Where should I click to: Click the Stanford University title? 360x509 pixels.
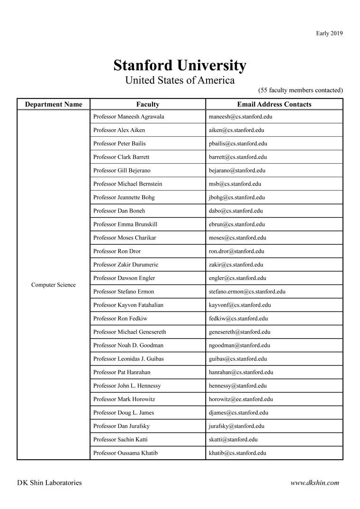click(x=180, y=65)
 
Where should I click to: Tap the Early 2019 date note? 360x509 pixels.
click(x=329, y=33)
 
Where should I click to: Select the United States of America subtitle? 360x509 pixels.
click(x=180, y=80)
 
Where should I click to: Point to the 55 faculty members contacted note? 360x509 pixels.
click(x=300, y=90)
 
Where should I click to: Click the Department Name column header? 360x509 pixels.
click(x=54, y=104)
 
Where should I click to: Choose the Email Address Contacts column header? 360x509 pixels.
click(x=274, y=104)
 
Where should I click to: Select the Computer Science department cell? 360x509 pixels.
click(x=54, y=285)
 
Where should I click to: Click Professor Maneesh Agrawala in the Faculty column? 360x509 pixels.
click(x=129, y=116)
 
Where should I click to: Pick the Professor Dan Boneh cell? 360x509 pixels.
click(x=119, y=211)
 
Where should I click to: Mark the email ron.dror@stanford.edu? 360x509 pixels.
click(x=236, y=251)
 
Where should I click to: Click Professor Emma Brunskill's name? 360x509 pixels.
click(x=126, y=224)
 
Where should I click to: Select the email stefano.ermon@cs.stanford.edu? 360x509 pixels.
click(x=247, y=292)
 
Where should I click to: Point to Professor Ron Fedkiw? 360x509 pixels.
click(x=120, y=319)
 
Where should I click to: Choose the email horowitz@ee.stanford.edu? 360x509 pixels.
click(x=241, y=399)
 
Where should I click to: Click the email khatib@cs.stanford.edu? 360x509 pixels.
click(x=237, y=453)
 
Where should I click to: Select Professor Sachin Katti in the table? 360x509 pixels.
click(x=120, y=439)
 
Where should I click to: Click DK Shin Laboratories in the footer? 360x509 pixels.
click(x=49, y=483)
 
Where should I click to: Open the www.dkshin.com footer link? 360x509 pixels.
click(x=315, y=483)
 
